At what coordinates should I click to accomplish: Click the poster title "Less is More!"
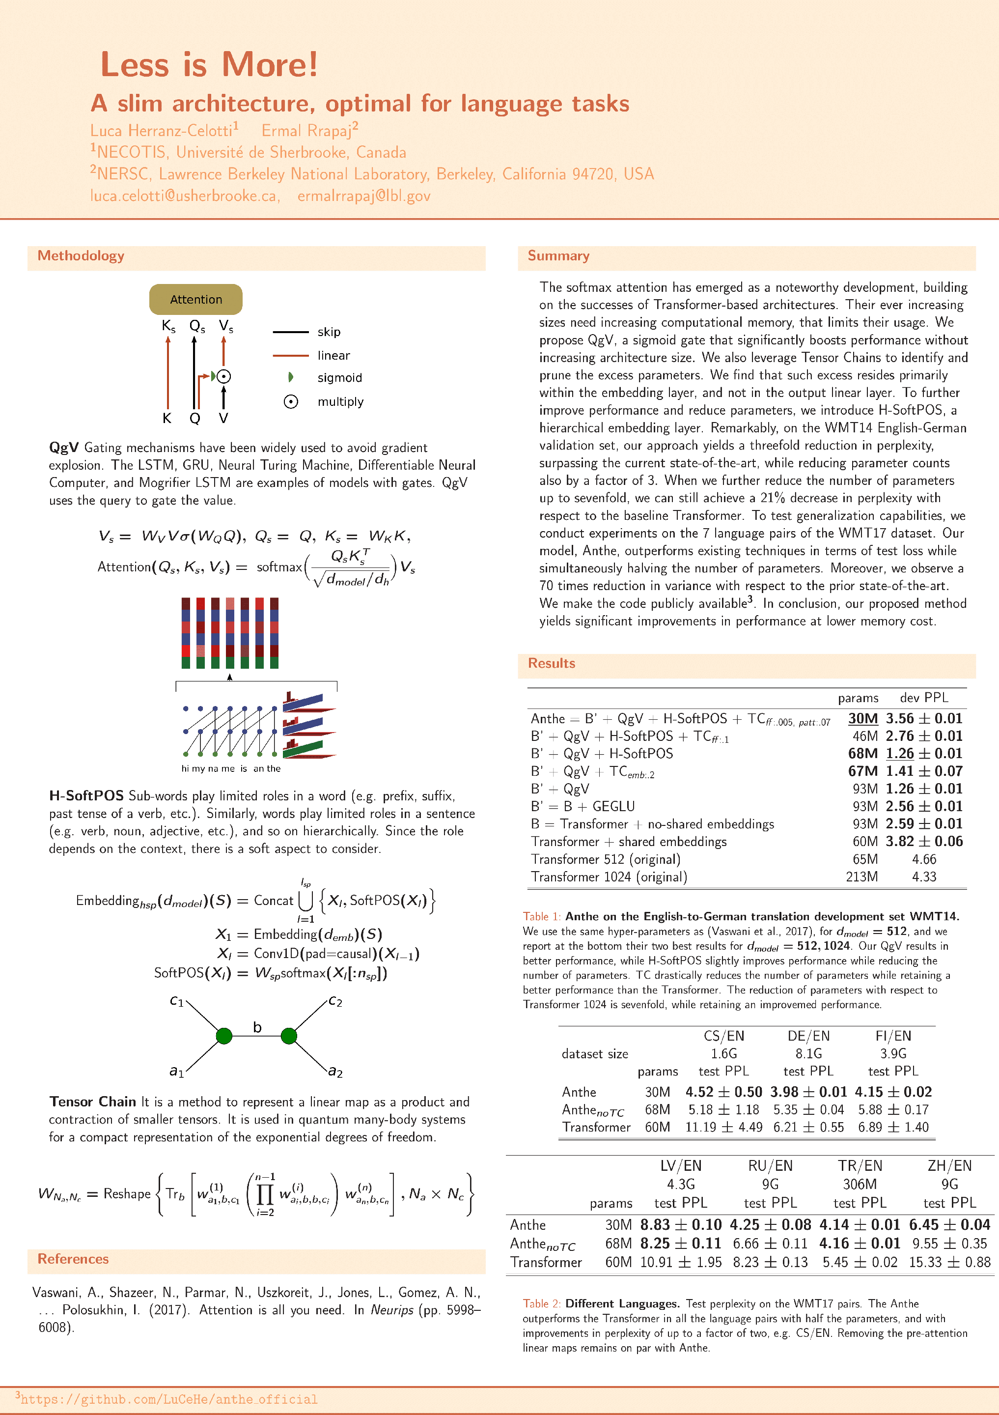pyautogui.click(x=209, y=64)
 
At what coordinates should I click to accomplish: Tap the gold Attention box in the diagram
pyautogui.click(x=196, y=300)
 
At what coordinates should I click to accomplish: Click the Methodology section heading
pyautogui.click(x=81, y=256)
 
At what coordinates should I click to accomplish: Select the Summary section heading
pyautogui.click(x=558, y=256)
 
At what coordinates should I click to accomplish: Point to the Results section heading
pyautogui.click(x=551, y=663)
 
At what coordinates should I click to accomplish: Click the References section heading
pyautogui.click(x=73, y=1258)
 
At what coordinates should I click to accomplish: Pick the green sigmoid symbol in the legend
pyautogui.click(x=291, y=377)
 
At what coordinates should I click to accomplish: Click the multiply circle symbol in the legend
pyautogui.click(x=291, y=402)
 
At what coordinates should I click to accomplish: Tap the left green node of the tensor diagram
pyautogui.click(x=224, y=1036)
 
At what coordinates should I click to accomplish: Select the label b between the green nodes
pyautogui.click(x=257, y=1027)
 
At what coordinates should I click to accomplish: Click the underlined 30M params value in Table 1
pyautogui.click(x=863, y=719)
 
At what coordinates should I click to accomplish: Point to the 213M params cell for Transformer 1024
pyautogui.click(x=861, y=877)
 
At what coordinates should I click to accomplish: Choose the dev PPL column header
pyautogui.click(x=924, y=698)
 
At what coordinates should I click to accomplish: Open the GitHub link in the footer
pyautogui.click(x=169, y=1399)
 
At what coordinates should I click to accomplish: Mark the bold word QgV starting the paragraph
pyautogui.click(x=64, y=448)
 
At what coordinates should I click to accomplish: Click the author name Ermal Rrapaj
pyautogui.click(x=306, y=131)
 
